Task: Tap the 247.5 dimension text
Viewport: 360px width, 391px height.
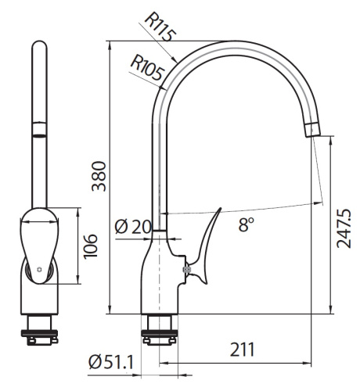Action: click(x=344, y=227)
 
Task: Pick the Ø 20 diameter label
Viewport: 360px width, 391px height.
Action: click(x=132, y=227)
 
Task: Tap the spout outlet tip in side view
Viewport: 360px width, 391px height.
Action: click(x=311, y=129)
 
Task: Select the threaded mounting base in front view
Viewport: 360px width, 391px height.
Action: click(x=39, y=328)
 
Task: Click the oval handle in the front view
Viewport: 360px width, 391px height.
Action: click(x=38, y=239)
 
